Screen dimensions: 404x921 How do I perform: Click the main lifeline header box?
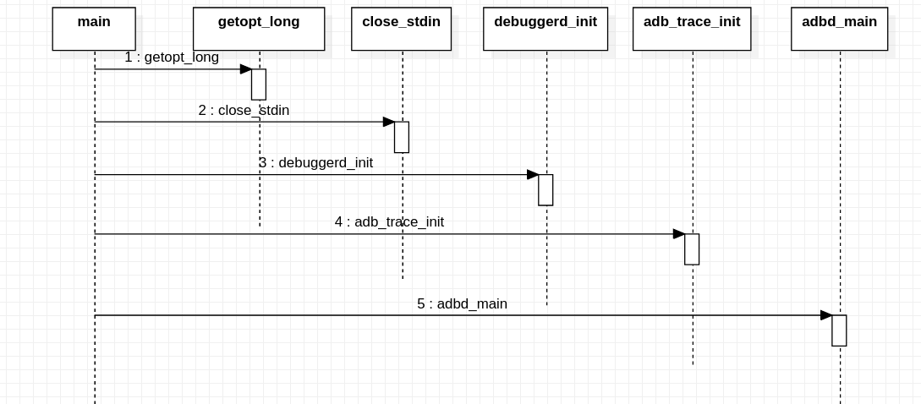(94, 29)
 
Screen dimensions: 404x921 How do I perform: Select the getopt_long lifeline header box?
(259, 29)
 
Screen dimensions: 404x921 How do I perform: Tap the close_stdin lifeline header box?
(401, 29)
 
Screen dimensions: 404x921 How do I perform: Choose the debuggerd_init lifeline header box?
(545, 29)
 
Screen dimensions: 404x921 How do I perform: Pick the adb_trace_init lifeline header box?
(692, 29)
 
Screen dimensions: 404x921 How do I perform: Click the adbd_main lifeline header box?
(839, 29)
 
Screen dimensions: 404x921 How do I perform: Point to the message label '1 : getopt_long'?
(172, 57)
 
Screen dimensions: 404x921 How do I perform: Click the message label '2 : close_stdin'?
(244, 110)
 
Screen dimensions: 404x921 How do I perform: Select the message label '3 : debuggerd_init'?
(315, 162)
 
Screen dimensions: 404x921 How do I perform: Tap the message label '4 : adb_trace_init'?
(389, 221)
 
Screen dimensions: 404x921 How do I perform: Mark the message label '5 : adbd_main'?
(462, 303)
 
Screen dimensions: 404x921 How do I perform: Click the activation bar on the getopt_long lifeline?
(259, 85)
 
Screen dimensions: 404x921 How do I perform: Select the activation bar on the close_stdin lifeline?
(402, 137)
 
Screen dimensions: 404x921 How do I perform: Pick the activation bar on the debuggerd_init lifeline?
(545, 189)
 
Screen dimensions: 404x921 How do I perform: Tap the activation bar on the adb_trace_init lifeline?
(692, 248)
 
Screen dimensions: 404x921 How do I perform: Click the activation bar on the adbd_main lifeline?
(839, 330)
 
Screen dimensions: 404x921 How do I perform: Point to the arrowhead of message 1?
(245, 69)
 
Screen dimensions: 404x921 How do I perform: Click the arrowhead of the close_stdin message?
(388, 122)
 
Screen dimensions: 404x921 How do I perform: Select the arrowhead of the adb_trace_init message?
(678, 233)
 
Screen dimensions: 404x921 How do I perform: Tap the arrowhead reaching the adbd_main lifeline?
(825, 315)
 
